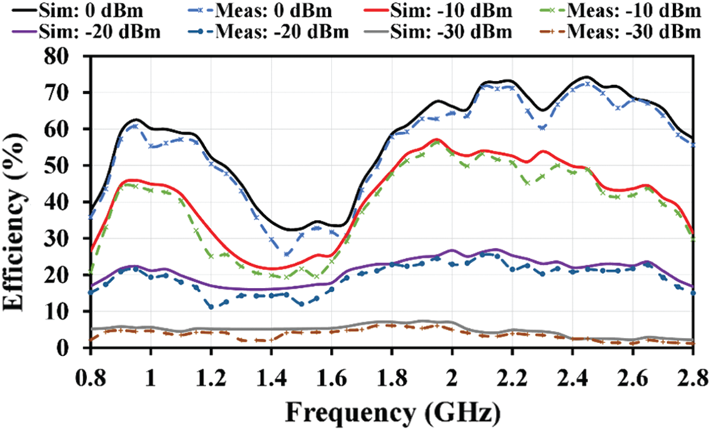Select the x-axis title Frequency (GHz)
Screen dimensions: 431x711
tap(392, 412)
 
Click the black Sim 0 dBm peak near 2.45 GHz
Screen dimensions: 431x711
tap(586, 77)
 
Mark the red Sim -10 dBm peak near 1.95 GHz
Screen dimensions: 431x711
tap(437, 139)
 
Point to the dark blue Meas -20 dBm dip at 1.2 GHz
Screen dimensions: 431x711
tap(211, 307)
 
